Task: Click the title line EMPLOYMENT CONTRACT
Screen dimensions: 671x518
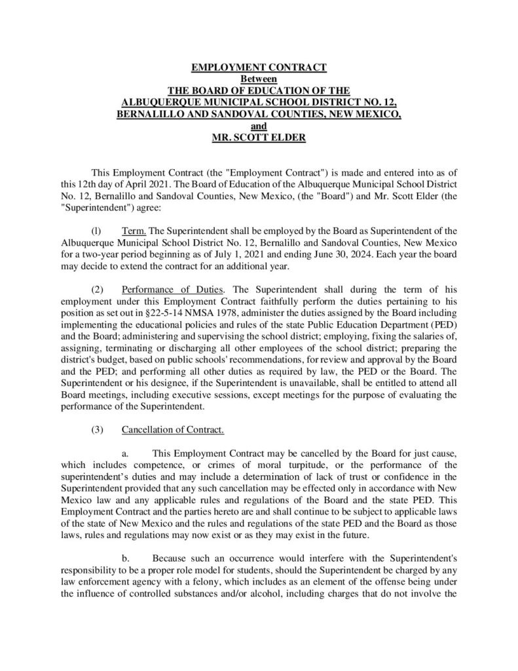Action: (x=258, y=67)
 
